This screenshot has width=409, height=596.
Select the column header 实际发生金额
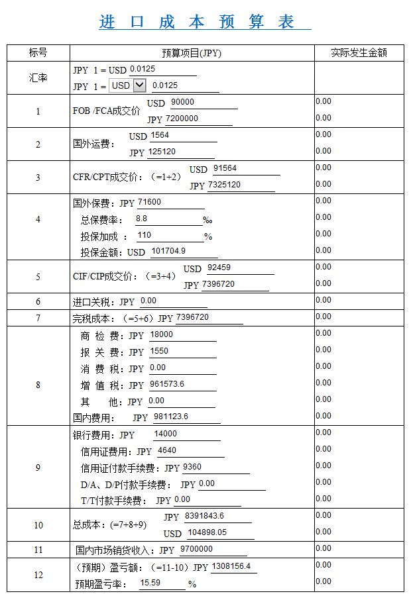point(359,52)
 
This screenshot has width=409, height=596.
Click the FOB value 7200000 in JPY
point(182,119)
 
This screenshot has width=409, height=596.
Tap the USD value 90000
point(182,102)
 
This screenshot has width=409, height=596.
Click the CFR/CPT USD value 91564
point(225,168)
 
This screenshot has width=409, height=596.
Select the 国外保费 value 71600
point(149,202)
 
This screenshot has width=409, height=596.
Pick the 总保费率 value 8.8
point(141,218)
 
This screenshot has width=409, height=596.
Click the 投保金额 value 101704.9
point(168,251)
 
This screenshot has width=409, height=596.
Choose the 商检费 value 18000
point(162,334)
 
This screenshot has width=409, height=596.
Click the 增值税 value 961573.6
point(167,384)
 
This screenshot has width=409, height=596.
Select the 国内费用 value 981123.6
point(171,417)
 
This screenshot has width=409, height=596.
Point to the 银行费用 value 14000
point(165,434)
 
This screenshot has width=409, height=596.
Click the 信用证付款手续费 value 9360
point(192,467)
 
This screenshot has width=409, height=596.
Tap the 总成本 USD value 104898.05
point(207,532)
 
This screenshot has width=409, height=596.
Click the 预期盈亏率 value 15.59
point(150,583)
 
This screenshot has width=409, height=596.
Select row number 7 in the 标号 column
point(38,318)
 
